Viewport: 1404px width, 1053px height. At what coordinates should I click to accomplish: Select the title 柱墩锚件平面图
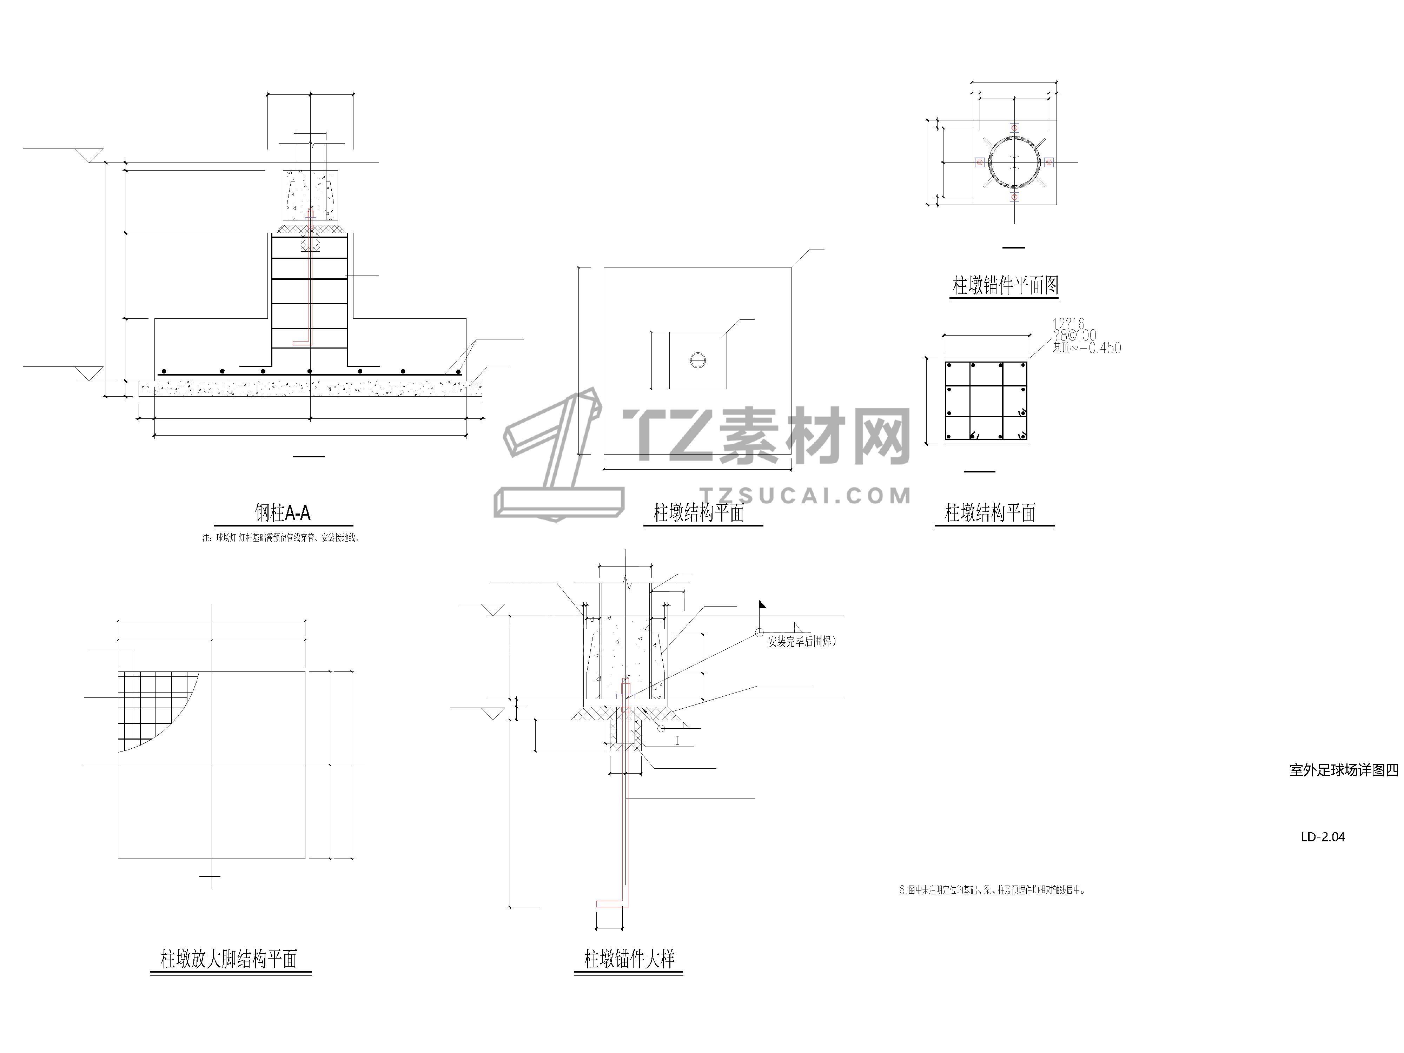coord(1005,286)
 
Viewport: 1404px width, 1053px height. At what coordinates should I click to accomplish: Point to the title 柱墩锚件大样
coord(629,959)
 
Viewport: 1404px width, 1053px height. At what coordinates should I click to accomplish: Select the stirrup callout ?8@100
coord(1074,336)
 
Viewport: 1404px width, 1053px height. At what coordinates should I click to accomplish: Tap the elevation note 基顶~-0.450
coord(1087,348)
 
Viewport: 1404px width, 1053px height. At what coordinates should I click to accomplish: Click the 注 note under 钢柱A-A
coord(281,538)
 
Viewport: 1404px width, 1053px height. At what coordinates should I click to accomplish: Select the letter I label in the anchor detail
coord(677,740)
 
